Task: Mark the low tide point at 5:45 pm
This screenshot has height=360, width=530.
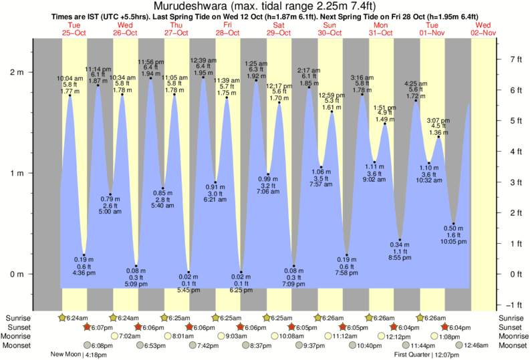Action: [x=189, y=273]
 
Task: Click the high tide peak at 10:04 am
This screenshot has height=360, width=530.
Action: [x=70, y=96]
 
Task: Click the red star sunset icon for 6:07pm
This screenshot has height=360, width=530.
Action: [x=87, y=327]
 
